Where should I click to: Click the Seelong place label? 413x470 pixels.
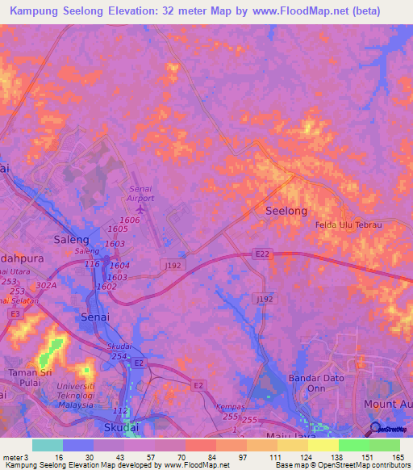coord(286,211)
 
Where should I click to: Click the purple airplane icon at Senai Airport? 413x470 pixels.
coord(142,209)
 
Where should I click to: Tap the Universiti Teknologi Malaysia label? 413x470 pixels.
coord(69,398)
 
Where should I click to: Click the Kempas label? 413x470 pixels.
coord(230,408)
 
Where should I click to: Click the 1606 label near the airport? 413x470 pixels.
coord(129,220)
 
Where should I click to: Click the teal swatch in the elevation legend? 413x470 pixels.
coord(48,445)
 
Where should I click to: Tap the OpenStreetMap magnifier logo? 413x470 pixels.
coord(375,429)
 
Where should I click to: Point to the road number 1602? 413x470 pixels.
coord(107,286)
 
